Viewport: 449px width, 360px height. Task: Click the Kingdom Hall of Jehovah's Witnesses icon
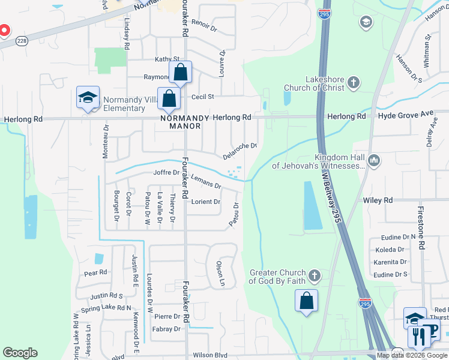(373, 160)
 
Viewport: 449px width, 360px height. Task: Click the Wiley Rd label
(378, 200)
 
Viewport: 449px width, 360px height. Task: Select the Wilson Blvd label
(210, 355)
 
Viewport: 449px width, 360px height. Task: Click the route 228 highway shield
(22, 40)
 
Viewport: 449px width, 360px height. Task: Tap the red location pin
(4, 30)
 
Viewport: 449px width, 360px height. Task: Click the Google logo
(20, 353)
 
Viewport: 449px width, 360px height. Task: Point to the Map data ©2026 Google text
(412, 355)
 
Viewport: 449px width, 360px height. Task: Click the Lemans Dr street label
(206, 182)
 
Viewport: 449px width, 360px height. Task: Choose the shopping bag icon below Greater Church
(306, 301)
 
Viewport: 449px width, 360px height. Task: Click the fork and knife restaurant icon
(418, 337)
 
